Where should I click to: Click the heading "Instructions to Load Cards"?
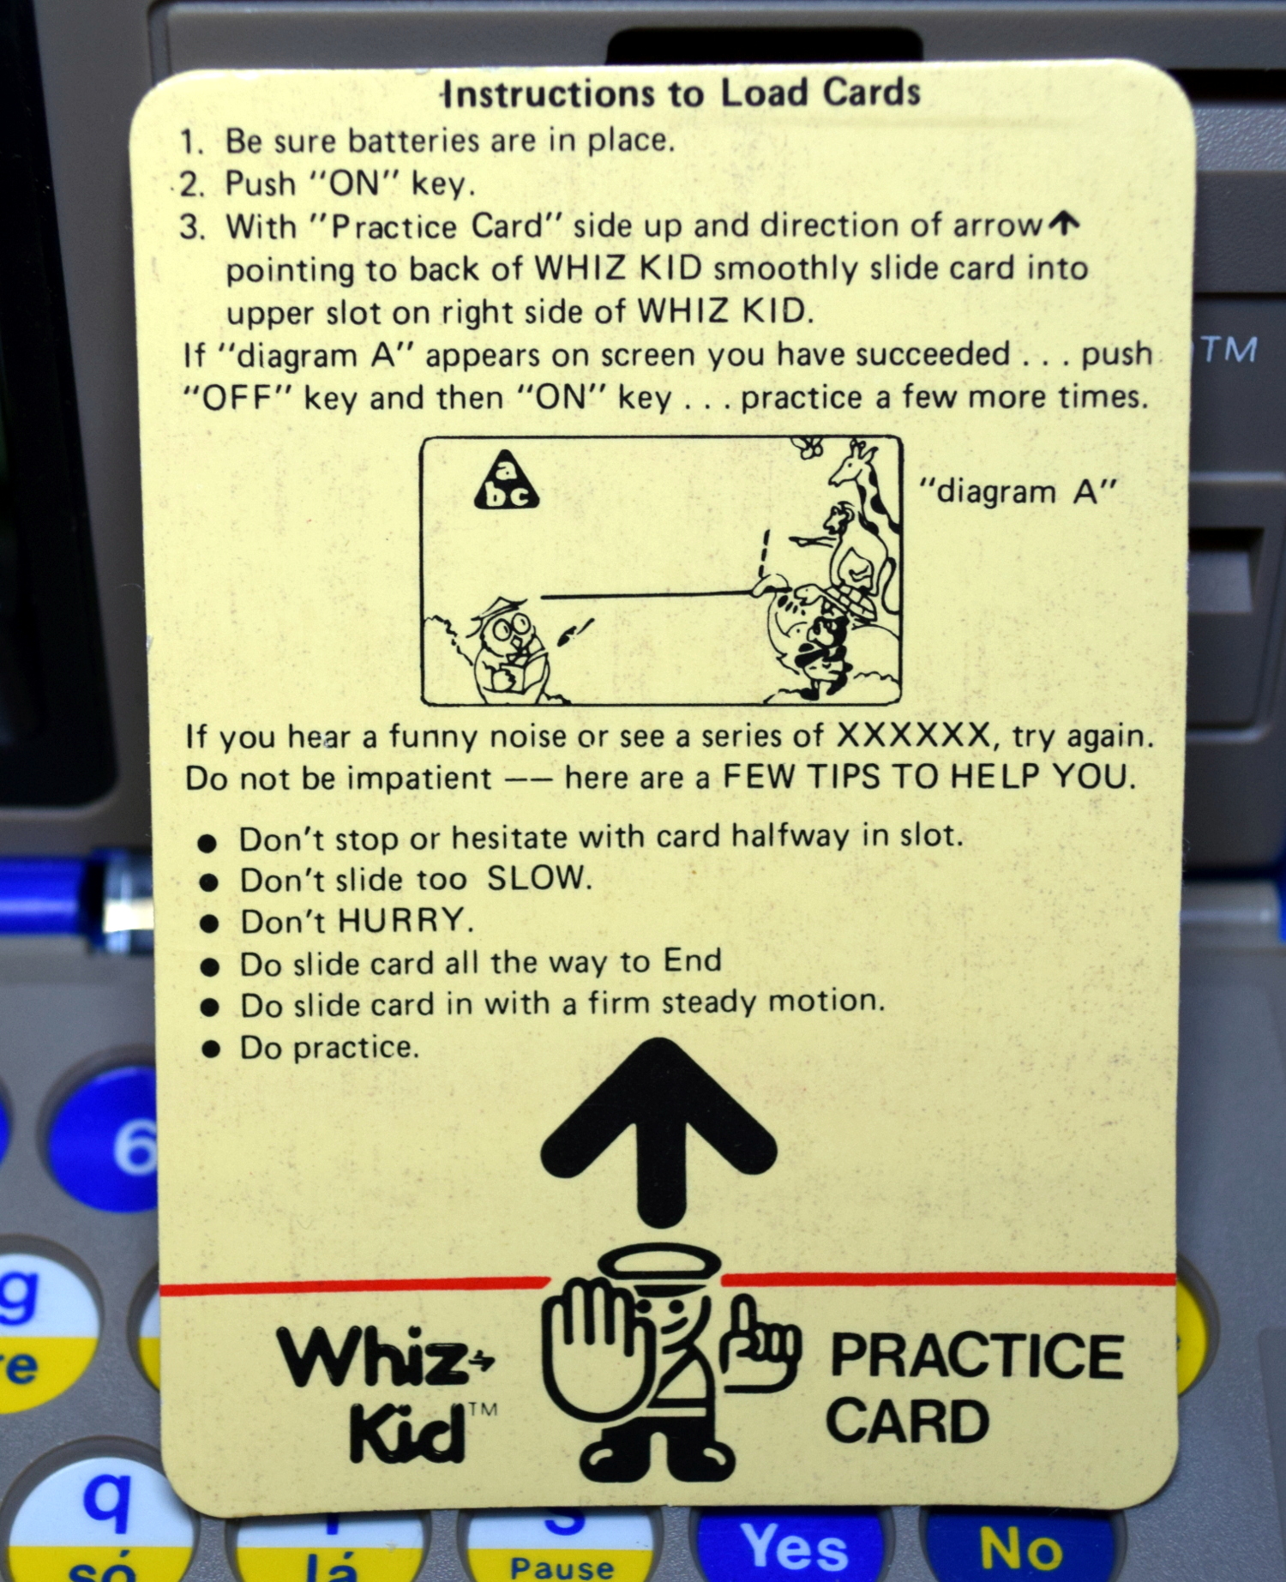tap(682, 93)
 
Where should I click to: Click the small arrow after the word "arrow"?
tap(1063, 225)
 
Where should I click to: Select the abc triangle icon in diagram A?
tap(506, 482)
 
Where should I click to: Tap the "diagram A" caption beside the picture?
tap(1019, 492)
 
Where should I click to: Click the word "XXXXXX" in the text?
tap(913, 736)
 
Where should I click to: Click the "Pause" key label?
tap(562, 1567)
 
